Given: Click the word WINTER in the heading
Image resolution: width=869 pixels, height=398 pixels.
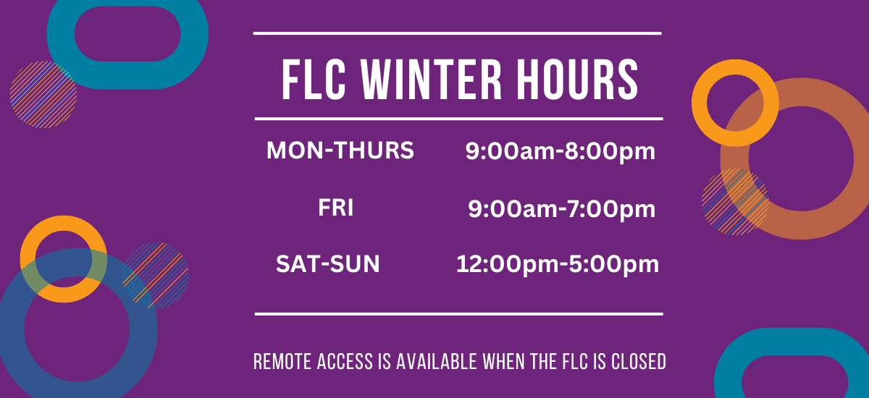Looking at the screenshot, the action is coord(431,80).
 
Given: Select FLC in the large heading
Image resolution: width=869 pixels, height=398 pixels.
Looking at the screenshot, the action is coord(314,80).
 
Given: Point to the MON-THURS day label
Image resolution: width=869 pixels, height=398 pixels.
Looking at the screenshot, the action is coord(340,150).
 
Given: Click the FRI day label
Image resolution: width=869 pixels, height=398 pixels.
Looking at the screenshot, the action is coord(335,208).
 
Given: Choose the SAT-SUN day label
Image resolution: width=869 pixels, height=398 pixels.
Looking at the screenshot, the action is coord(328,264).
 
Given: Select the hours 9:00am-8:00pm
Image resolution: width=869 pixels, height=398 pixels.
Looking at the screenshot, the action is coord(561,151).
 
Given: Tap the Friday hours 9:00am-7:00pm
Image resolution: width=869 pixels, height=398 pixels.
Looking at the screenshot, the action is coord(562,209).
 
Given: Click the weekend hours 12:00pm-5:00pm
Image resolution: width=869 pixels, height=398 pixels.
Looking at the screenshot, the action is coord(558,265).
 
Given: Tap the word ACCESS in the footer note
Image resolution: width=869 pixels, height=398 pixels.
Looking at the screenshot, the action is coord(345,362).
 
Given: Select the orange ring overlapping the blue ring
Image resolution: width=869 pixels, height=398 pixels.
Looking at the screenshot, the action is coord(64,223).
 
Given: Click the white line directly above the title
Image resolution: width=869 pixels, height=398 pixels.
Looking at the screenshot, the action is coord(458,34).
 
